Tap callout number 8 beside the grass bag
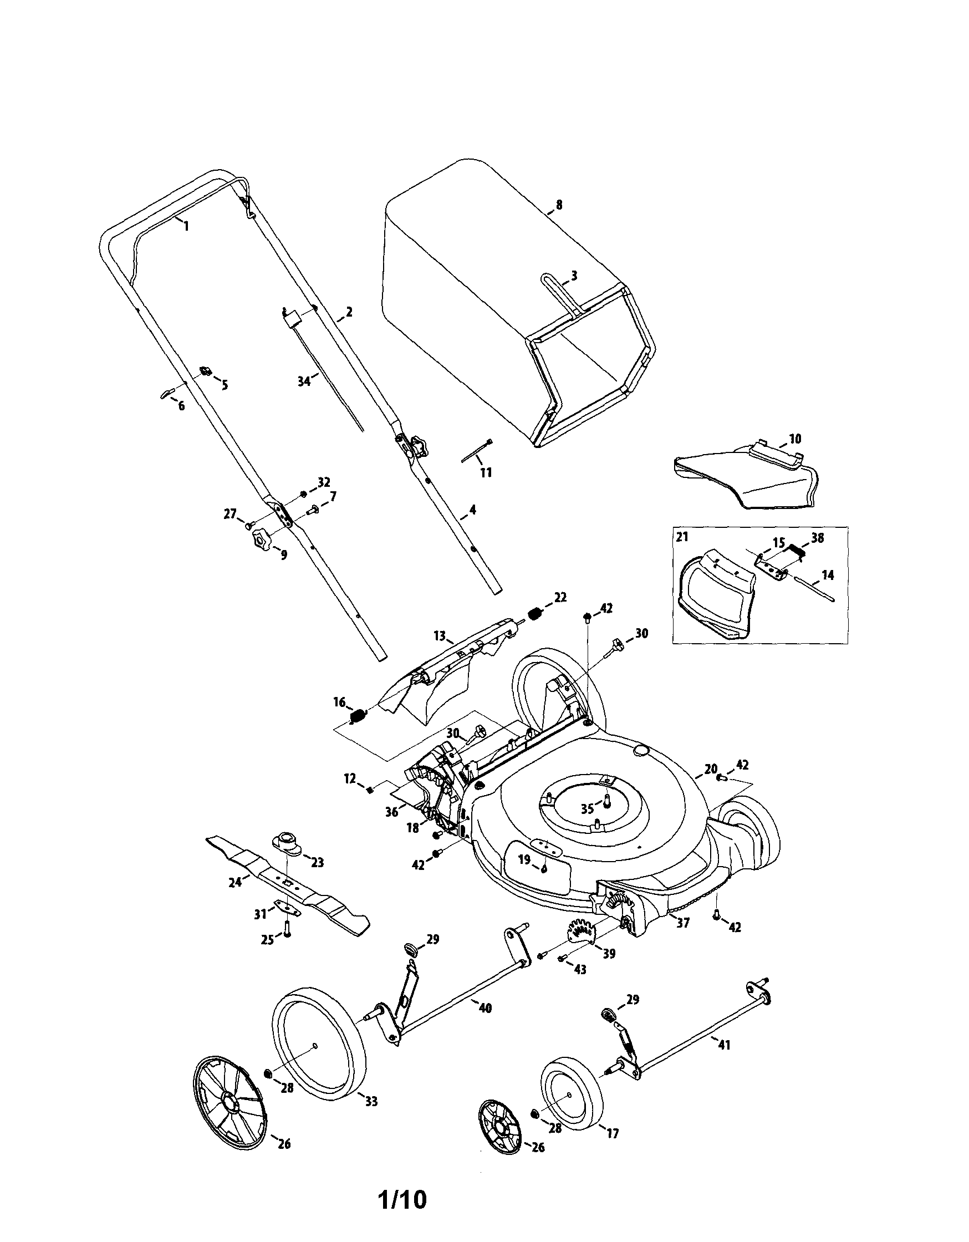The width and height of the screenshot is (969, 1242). (x=559, y=205)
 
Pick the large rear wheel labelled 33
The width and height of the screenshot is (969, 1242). (x=319, y=1040)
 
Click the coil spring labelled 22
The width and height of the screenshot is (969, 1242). (x=534, y=614)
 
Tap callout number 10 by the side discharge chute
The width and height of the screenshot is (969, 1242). (x=795, y=439)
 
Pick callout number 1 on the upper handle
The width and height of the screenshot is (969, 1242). (x=186, y=226)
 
